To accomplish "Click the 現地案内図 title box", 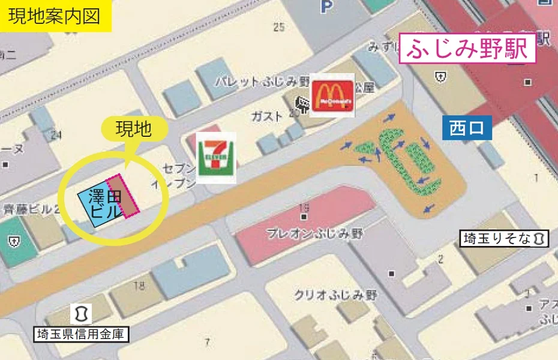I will tap(55, 16).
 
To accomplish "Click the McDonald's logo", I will tap(332, 95).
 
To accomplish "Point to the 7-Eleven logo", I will tap(217, 157).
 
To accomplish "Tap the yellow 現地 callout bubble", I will tap(134, 130).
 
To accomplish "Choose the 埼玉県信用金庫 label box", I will tap(80, 334).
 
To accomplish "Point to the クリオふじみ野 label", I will tap(335, 295).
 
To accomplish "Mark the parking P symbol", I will tap(326, 7).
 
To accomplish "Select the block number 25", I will tap(278, 27).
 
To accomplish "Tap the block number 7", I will tap(208, 343).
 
